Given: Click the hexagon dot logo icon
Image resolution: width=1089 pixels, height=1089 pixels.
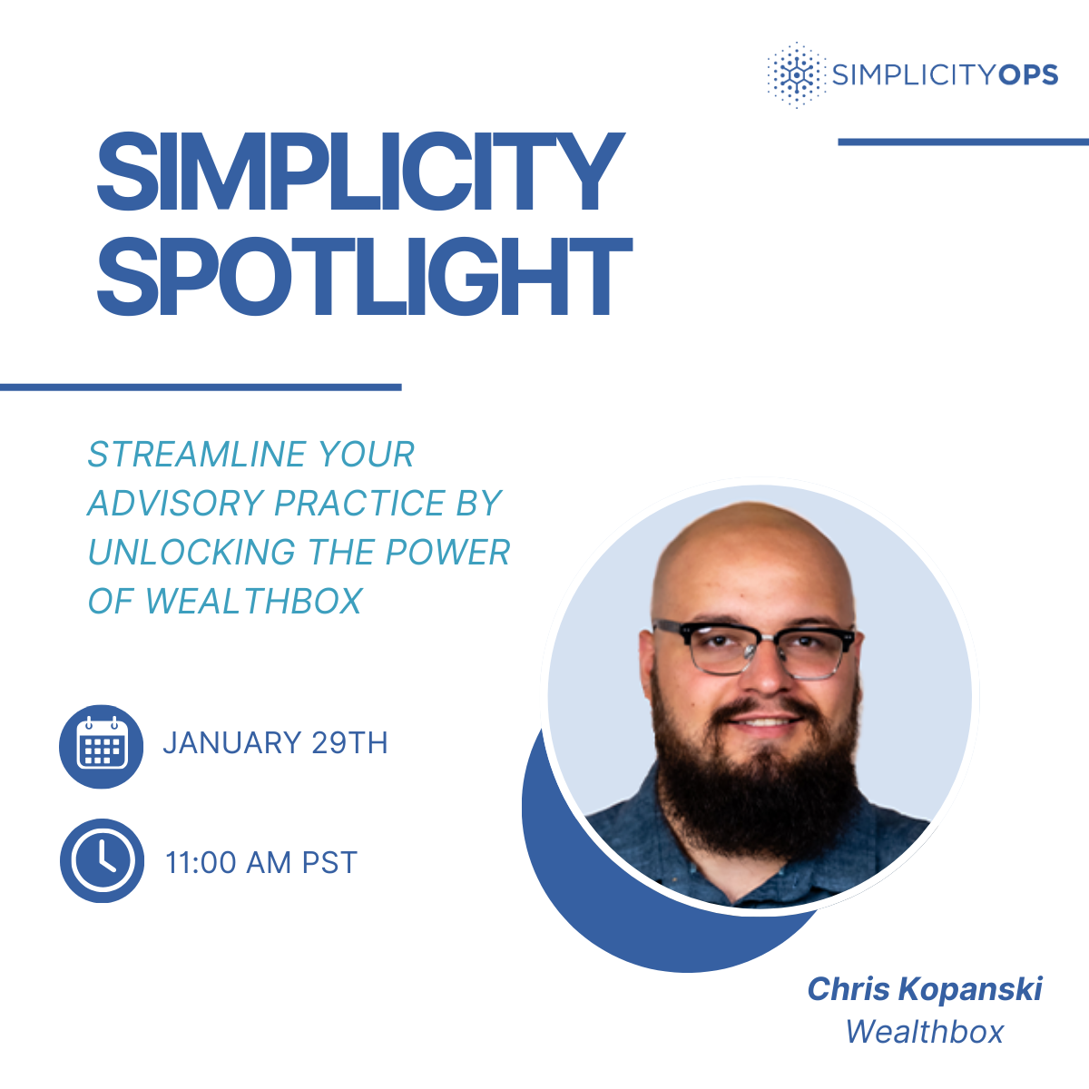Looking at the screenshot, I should click(795, 74).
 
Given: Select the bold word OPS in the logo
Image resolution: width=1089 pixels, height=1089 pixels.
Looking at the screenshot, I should click(1027, 74).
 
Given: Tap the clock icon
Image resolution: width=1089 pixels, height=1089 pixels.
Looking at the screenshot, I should click(102, 860).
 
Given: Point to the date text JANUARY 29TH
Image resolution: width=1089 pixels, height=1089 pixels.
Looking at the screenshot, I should click(275, 743).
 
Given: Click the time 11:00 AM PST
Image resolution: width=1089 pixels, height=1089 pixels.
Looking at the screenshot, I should click(261, 862).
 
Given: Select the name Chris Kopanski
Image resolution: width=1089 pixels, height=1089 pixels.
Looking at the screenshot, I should click(925, 989).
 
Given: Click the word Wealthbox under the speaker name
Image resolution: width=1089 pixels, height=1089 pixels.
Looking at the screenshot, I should click(925, 1032).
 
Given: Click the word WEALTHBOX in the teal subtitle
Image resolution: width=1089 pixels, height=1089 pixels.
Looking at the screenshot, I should click(254, 601).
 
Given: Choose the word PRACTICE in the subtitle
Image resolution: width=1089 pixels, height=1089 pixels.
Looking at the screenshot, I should click(360, 503).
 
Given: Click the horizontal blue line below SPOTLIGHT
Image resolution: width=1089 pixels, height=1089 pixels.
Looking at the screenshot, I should click(201, 388).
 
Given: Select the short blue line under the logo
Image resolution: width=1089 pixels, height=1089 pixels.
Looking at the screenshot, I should click(963, 142).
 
